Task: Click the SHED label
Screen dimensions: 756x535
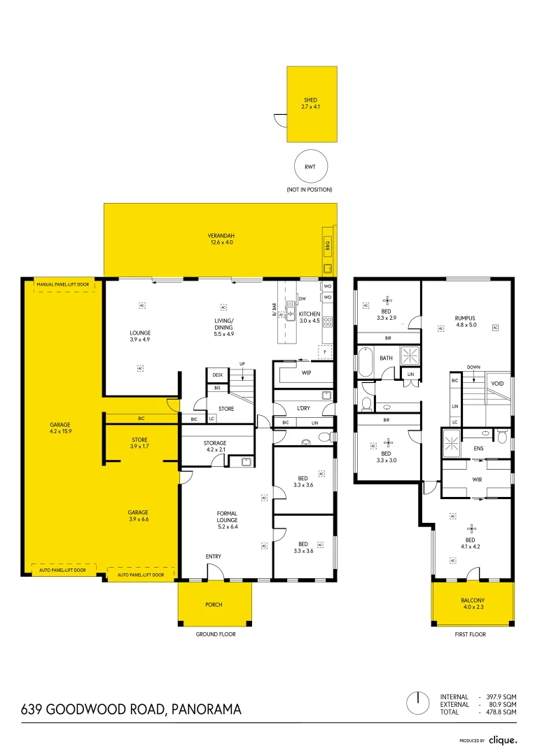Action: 311,100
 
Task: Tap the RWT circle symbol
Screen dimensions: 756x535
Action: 309,167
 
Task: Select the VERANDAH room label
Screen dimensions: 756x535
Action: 220,234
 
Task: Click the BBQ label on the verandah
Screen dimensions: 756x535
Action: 327,246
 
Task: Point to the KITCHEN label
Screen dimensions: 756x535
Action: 309,314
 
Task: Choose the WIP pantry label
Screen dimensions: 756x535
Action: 306,373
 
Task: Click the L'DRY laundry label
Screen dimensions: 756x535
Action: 303,407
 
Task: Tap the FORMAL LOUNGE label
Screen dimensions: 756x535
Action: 227,517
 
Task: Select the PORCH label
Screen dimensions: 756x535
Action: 214,604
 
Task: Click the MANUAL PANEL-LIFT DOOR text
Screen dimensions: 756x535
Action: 63,285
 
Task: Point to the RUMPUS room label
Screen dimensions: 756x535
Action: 465,318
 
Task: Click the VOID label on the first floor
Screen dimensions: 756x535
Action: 498,384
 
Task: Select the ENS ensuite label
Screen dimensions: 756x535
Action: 479,449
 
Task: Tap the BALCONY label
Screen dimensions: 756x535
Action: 473,601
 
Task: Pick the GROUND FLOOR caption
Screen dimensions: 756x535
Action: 216,634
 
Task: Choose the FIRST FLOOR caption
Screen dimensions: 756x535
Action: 471,634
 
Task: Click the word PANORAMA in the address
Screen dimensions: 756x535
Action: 207,709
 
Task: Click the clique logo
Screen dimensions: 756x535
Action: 503,740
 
